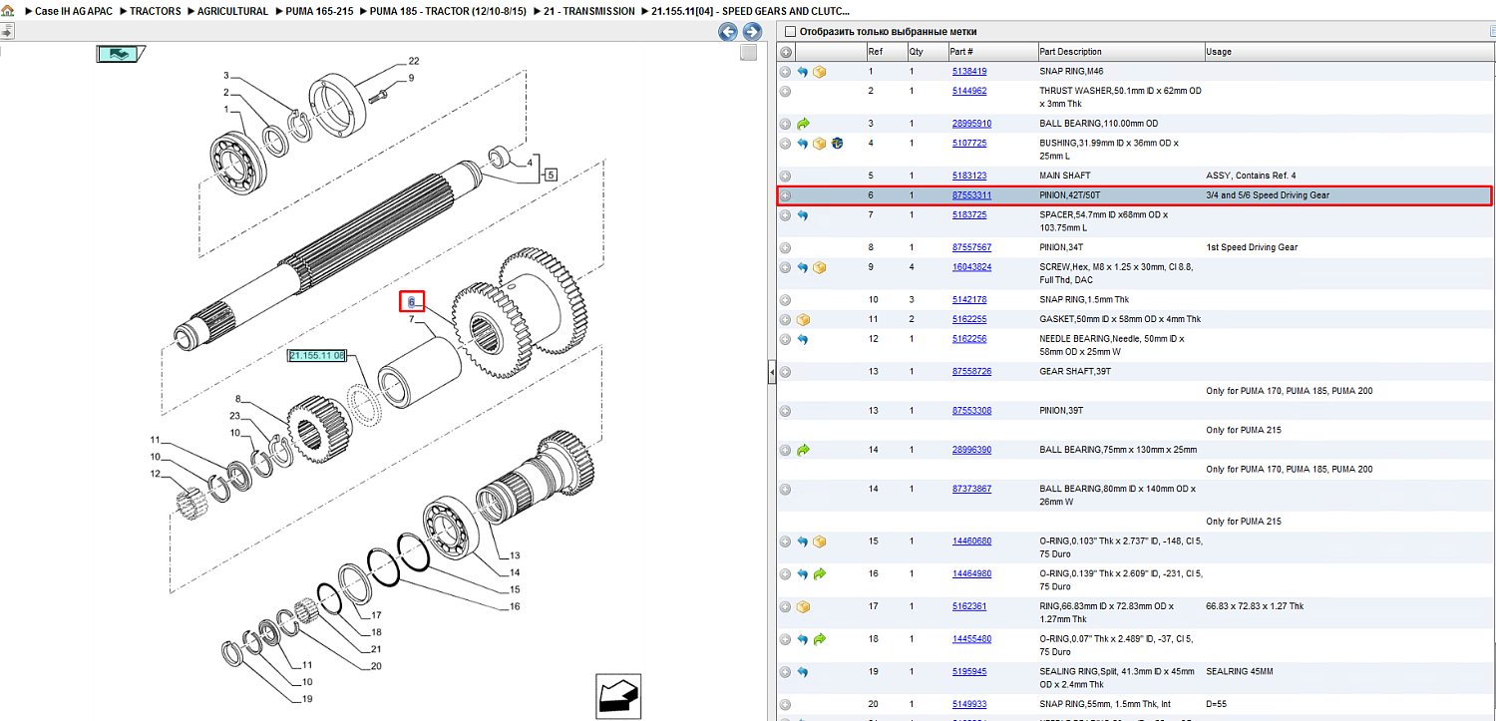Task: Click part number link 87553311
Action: [x=971, y=195]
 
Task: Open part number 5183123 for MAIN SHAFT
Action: [x=969, y=176]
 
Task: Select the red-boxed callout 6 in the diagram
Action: [x=412, y=302]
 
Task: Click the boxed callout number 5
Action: [x=551, y=175]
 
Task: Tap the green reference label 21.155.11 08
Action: [x=317, y=356]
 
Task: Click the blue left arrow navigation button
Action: [x=728, y=31]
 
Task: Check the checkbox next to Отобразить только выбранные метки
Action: [x=791, y=31]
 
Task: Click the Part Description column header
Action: [x=1070, y=52]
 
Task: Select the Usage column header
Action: [x=1219, y=52]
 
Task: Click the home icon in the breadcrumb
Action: [x=8, y=11]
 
